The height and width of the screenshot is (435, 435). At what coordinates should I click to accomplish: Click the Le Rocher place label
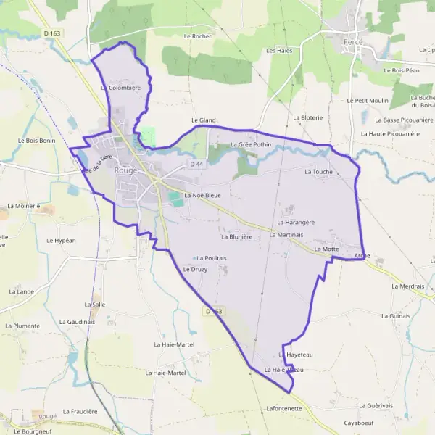coord(196,36)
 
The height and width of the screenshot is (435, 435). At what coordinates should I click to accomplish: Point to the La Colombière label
coord(120,87)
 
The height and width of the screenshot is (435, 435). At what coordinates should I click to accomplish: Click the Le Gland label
coord(204,120)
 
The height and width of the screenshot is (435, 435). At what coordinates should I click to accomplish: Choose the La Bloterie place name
coord(307,117)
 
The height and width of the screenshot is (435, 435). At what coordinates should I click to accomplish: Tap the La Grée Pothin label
coord(250,145)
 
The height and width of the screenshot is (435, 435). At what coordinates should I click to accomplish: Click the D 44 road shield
coord(196,165)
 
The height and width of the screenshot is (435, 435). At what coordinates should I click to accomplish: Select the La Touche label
coord(318,172)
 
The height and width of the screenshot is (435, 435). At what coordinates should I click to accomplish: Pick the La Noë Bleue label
coord(202,196)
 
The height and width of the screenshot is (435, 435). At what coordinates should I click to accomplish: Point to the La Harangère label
coord(296,222)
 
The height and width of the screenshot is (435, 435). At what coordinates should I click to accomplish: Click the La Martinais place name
coord(286,235)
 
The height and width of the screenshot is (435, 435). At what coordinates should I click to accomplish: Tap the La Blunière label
coord(236,236)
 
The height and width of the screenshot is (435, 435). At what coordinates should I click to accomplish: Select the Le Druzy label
coord(195,270)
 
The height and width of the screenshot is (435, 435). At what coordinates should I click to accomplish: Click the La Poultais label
coord(212,258)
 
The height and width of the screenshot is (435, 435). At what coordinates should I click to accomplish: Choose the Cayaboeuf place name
coord(361,422)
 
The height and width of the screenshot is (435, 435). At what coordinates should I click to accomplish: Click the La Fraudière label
coord(80,411)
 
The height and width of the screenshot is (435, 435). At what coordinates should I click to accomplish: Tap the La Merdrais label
coord(407,286)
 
